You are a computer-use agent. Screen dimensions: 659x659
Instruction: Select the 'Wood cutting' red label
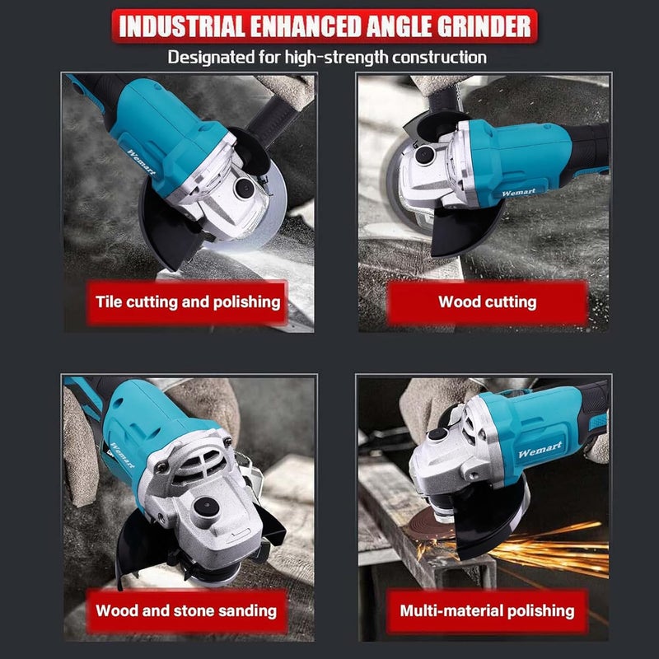tap(487, 301)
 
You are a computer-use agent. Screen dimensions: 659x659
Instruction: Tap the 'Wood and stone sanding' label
tap(185, 610)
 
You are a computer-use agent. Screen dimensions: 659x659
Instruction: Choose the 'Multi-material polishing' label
tap(487, 610)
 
